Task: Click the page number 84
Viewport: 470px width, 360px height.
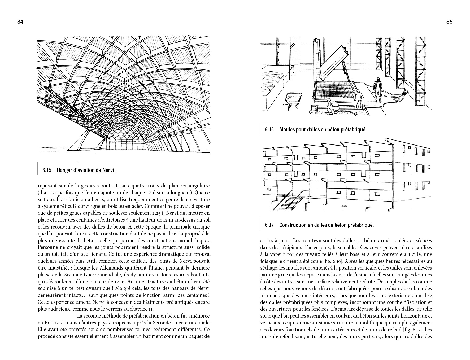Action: (x=20, y=22)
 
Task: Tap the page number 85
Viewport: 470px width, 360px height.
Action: (x=449, y=22)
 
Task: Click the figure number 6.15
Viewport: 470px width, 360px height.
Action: (x=46, y=170)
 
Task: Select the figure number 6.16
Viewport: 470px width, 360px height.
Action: (x=269, y=130)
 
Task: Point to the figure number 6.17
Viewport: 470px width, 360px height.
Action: (x=269, y=225)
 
